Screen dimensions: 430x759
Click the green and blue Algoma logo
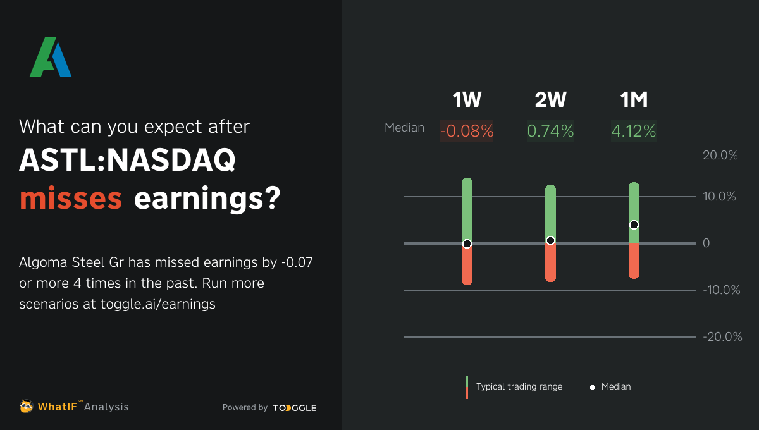(x=51, y=58)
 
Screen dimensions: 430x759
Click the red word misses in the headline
(x=70, y=199)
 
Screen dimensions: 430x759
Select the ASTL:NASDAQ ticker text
(x=127, y=162)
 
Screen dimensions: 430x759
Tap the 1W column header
(x=467, y=100)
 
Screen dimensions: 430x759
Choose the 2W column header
(x=550, y=100)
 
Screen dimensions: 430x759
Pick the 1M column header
(x=634, y=100)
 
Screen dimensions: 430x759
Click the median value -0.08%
(x=467, y=131)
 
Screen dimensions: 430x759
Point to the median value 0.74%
(x=550, y=131)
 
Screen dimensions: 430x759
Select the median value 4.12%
(x=634, y=131)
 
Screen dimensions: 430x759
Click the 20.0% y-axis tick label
(x=720, y=156)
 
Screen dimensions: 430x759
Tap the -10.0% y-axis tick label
(x=720, y=290)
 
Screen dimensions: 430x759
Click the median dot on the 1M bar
(x=634, y=225)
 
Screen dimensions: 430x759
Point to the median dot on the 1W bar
(x=467, y=243)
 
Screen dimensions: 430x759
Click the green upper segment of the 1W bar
(x=467, y=209)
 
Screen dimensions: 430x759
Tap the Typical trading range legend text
(x=519, y=386)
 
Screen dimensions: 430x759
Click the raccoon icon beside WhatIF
(x=27, y=406)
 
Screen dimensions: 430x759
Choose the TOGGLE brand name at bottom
(x=295, y=408)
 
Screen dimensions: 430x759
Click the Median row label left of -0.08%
(x=404, y=128)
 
